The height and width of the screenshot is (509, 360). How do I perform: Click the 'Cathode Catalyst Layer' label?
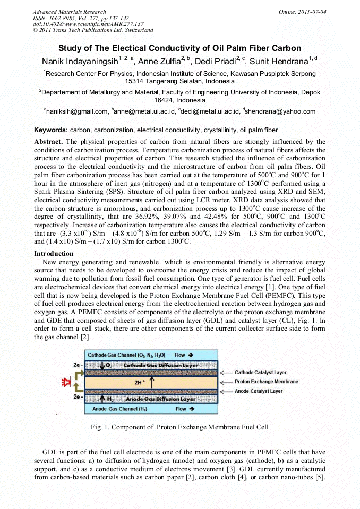[261, 373]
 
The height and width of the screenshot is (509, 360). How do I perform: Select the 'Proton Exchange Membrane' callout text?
[266, 382]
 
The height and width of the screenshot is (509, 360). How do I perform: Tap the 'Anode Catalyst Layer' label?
[259, 391]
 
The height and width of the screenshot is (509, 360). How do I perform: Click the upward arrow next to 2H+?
[152, 382]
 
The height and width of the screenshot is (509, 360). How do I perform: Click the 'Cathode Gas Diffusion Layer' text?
[154, 365]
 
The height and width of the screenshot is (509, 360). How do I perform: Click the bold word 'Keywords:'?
[51, 130]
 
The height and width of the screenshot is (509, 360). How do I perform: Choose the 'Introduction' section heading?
[54, 254]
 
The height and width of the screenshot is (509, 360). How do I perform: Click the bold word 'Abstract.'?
[49, 142]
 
